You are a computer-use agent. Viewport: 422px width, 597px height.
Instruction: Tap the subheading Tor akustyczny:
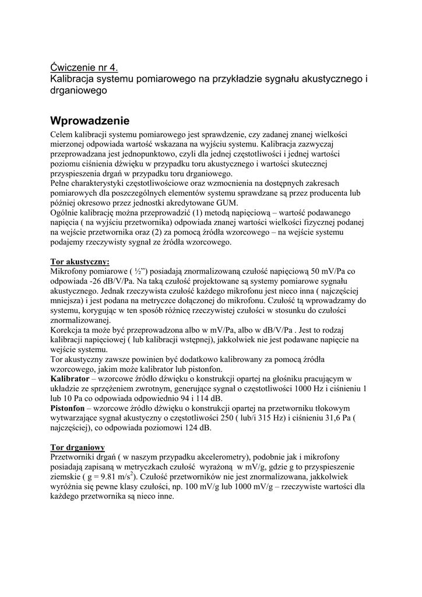point(80,261)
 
